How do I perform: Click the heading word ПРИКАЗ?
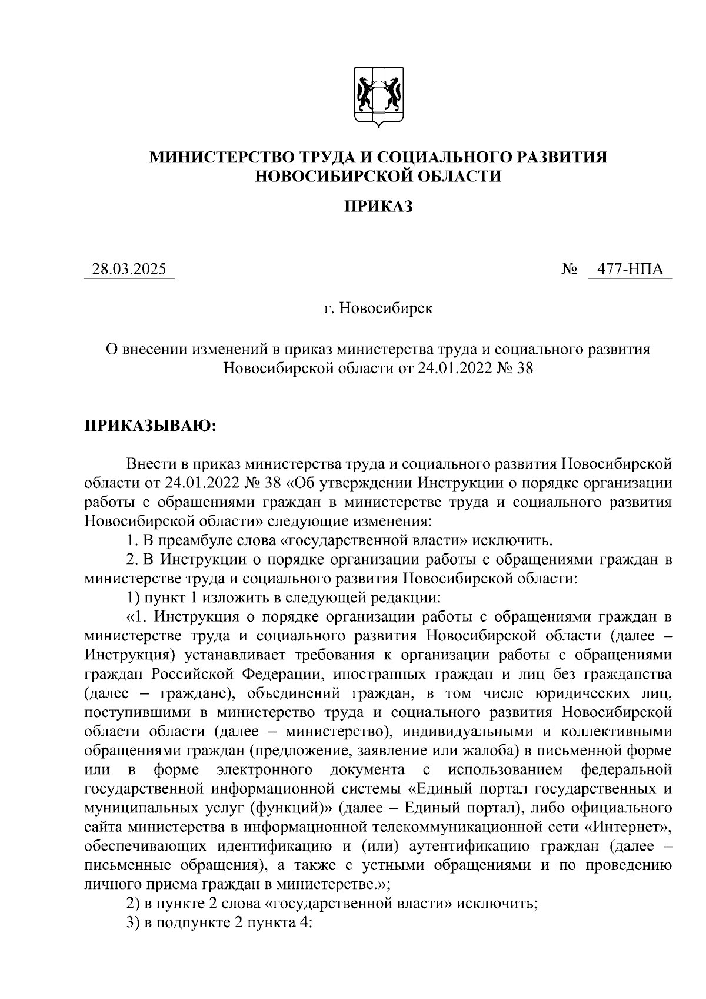[378, 206]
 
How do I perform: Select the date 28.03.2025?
[129, 270]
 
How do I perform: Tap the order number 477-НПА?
[630, 270]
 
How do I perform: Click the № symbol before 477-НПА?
[569, 270]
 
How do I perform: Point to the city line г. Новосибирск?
[378, 308]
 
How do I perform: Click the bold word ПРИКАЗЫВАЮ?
[151, 425]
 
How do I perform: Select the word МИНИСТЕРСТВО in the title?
[224, 157]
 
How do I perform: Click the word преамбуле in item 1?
[198, 540]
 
